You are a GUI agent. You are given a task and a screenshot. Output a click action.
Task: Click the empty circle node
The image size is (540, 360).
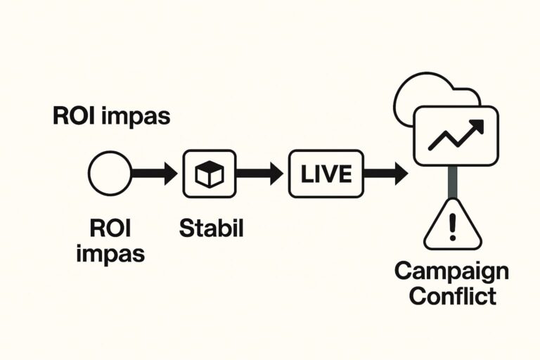tap(110, 173)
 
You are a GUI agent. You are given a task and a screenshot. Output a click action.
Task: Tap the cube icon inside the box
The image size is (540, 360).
tap(209, 174)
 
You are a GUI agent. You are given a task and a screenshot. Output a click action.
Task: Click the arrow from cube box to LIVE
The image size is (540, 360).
tap(259, 173)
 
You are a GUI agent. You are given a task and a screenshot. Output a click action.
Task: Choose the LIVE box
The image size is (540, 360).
tap(326, 173)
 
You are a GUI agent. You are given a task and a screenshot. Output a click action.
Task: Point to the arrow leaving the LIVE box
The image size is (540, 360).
tap(385, 173)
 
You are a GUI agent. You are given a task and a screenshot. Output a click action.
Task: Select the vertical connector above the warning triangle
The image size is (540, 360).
tap(453, 181)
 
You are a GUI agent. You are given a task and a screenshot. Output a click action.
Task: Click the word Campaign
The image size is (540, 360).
tap(451, 271)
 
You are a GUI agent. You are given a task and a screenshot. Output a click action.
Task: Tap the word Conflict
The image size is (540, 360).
tap(452, 296)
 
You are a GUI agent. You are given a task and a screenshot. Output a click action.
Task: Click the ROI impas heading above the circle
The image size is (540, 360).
tap(111, 116)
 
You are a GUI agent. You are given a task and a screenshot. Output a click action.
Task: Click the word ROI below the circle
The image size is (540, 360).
tap(110, 228)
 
